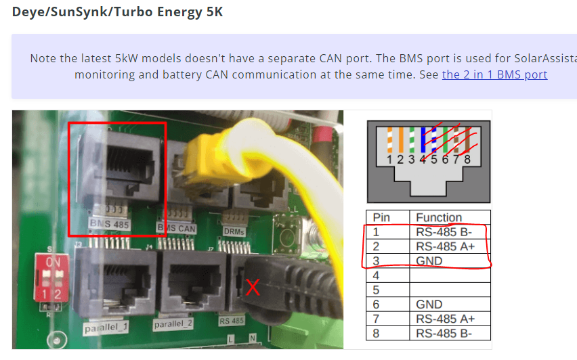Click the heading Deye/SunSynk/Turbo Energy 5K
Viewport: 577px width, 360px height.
[x=117, y=12]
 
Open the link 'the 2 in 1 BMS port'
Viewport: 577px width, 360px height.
[x=494, y=74]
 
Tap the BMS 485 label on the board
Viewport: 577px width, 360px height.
[x=110, y=223]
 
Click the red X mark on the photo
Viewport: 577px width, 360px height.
[x=253, y=288]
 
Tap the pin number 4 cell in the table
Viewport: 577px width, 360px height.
[x=378, y=275]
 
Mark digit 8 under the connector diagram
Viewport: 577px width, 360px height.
[x=467, y=160]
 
